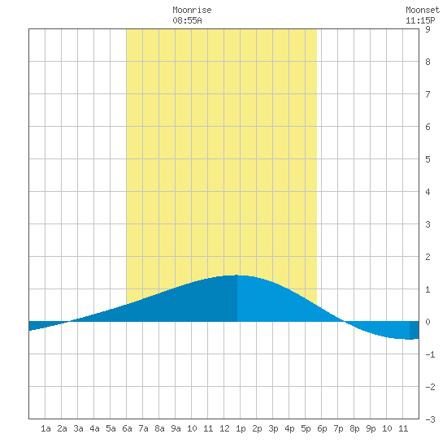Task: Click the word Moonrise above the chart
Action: click(x=192, y=10)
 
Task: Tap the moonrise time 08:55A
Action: click(x=187, y=20)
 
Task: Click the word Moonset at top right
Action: click(x=423, y=10)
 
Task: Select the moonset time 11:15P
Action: click(x=420, y=20)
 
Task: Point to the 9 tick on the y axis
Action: click(x=427, y=29)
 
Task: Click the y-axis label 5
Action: click(x=427, y=159)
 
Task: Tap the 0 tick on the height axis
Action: click(x=427, y=322)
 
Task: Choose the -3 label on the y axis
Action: click(x=430, y=419)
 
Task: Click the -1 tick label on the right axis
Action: click(x=430, y=354)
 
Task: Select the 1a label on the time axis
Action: click(x=46, y=428)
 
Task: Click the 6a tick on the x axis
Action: click(x=127, y=428)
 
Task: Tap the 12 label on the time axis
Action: click(x=224, y=428)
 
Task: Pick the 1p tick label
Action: click(x=241, y=429)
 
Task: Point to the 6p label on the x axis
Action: click(x=322, y=429)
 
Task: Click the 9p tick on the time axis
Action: click(x=371, y=429)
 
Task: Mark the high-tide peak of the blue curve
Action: click(x=237, y=275)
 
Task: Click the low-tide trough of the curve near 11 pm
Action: click(x=410, y=339)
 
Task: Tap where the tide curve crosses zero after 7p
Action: click(x=345, y=322)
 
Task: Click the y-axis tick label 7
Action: click(x=427, y=94)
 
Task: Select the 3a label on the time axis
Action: click(x=78, y=428)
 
